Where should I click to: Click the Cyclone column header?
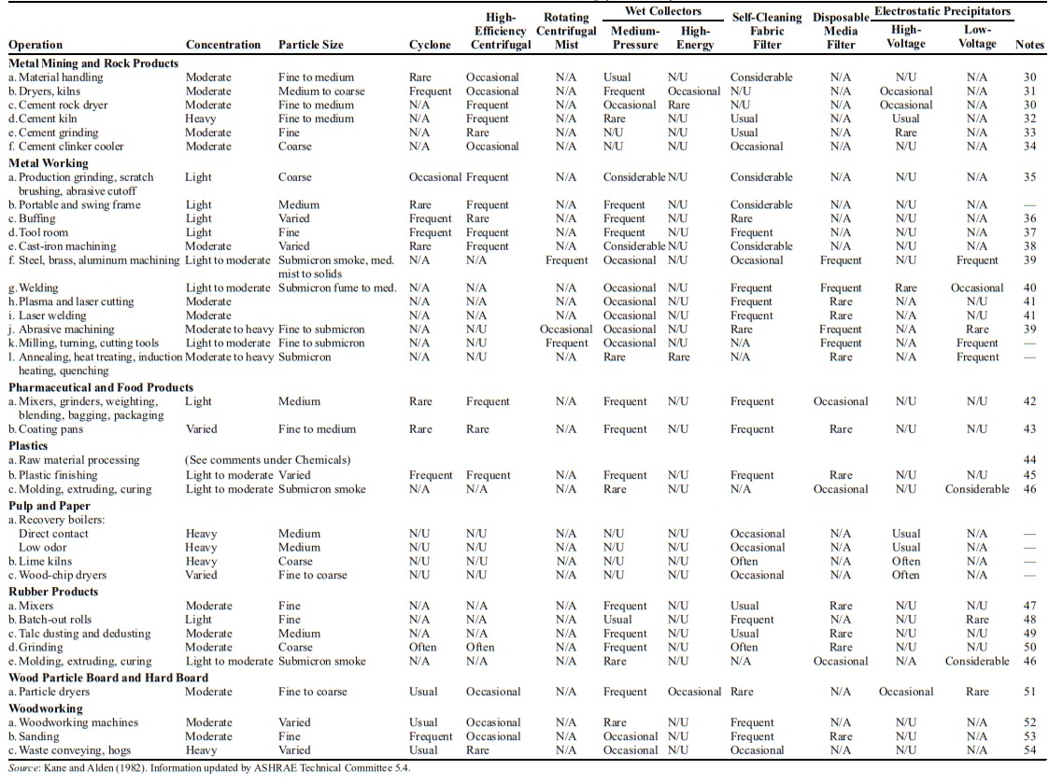click(x=431, y=45)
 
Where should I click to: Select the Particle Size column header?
click(x=311, y=45)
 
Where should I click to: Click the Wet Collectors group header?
click(x=652, y=11)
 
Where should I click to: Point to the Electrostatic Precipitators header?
click(x=942, y=11)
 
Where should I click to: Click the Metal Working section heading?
click(x=49, y=162)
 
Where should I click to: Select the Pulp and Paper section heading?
click(x=50, y=505)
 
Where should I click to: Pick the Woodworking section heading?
click(x=46, y=708)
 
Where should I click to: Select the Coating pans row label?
click(x=46, y=429)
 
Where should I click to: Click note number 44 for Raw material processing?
click(x=1029, y=460)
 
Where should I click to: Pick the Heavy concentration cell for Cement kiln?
click(x=201, y=119)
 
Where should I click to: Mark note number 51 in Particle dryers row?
click(x=1029, y=692)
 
